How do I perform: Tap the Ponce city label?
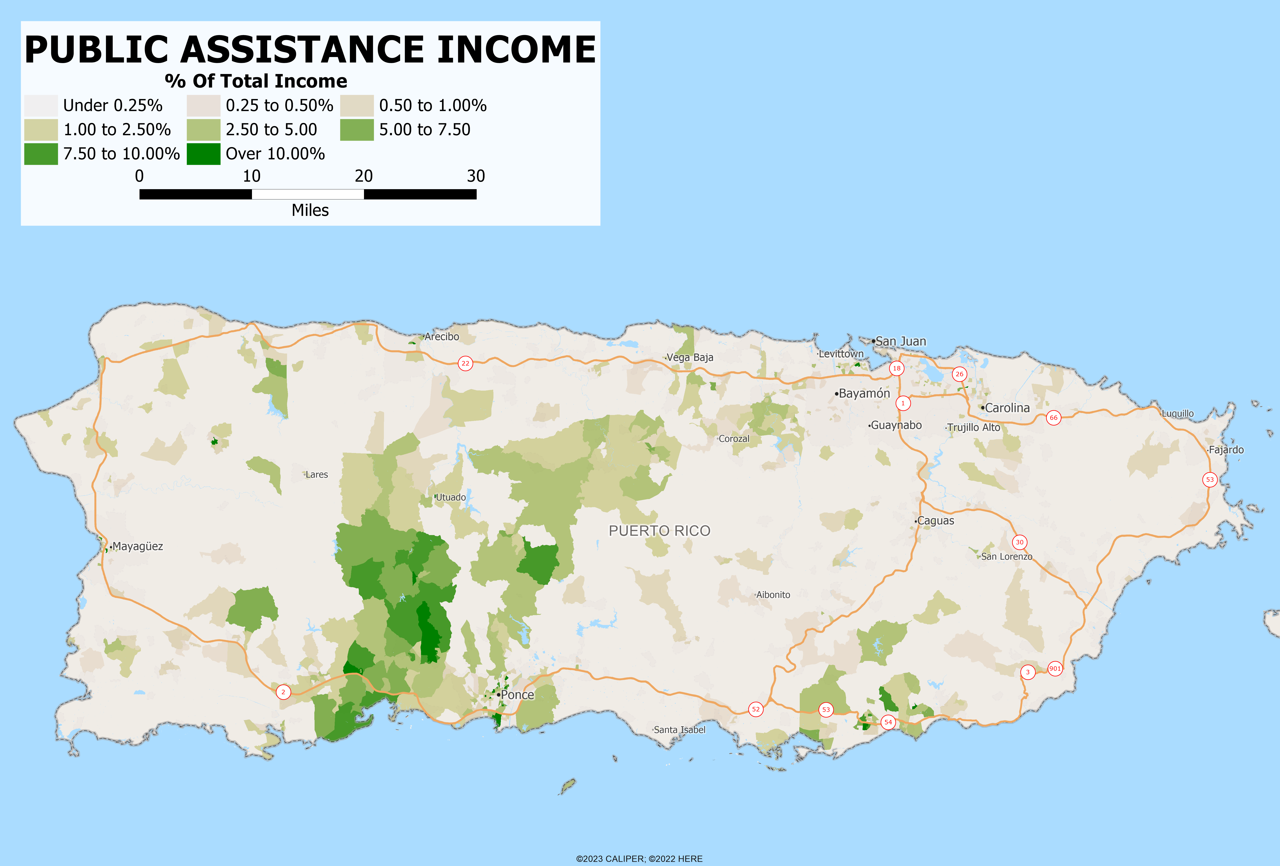pos(517,695)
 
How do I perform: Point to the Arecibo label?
pos(441,337)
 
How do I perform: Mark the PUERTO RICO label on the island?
pos(659,531)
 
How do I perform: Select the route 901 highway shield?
pos(1055,669)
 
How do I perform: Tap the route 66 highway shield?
pos(1054,418)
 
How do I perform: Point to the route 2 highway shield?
pos(283,692)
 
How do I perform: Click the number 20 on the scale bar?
pos(364,176)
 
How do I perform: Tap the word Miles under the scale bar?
pos(310,210)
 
